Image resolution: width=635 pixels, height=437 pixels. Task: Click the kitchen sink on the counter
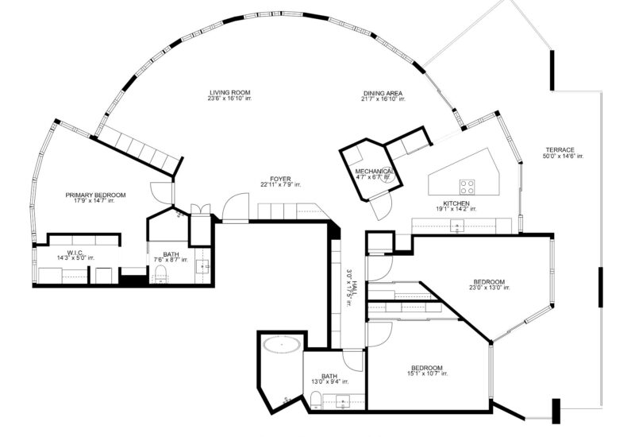(x=458, y=226)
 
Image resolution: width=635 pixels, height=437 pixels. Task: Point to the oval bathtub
(x=281, y=346)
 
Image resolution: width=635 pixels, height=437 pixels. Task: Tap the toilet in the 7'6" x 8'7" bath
(x=160, y=275)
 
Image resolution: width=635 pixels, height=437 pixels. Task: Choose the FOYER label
(x=280, y=179)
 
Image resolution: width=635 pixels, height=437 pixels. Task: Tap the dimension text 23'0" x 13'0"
(x=489, y=288)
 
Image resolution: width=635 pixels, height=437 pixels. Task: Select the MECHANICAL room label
(x=372, y=172)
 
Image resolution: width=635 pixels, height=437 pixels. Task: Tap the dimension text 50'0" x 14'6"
(x=564, y=157)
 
